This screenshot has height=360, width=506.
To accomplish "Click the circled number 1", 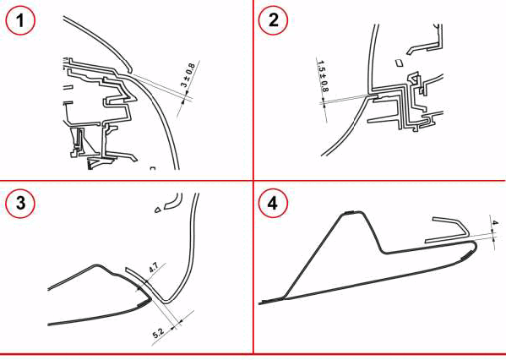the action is tap(20, 20).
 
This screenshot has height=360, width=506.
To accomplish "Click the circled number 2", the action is tap(273, 20).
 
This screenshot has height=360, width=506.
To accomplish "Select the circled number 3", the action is tap(20, 204).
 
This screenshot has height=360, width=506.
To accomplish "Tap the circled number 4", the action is tap(273, 204).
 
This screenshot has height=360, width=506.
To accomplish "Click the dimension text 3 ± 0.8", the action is tap(188, 75).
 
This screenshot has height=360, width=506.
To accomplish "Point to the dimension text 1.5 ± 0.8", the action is tap(323, 76).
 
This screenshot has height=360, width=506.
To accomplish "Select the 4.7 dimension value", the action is tap(153, 268).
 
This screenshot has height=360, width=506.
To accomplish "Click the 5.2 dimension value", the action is tap(158, 332).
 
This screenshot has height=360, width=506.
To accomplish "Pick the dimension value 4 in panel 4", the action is tap(495, 223).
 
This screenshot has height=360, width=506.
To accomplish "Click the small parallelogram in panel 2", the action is tap(400, 63).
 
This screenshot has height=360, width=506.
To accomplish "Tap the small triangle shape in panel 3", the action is tap(157, 210).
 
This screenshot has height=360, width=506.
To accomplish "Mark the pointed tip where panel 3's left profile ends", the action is tap(150, 299).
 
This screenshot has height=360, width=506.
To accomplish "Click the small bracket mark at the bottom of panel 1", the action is tap(153, 168).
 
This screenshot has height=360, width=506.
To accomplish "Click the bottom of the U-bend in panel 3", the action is tap(166, 302).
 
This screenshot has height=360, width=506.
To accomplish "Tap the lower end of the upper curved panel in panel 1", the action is tap(130, 71).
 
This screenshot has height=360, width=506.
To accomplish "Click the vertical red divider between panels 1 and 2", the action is tap(253, 90).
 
